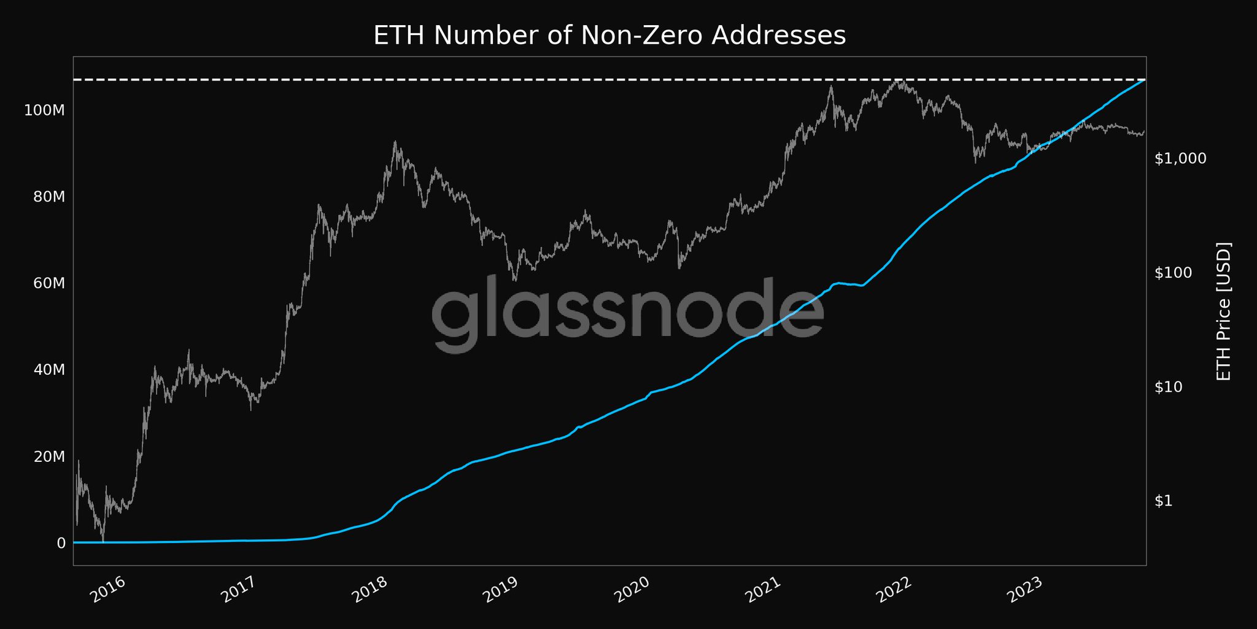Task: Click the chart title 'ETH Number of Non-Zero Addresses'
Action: pos(609,36)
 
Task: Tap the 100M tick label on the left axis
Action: pos(44,111)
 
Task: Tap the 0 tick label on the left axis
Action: pos(61,543)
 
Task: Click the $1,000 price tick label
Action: pos(1180,159)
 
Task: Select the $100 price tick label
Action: pos(1173,273)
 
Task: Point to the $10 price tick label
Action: pos(1169,388)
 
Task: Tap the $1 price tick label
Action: pos(1164,501)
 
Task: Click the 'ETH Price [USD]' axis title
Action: pos(1224,311)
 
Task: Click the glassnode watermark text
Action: pos(628,313)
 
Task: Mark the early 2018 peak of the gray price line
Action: pos(395,142)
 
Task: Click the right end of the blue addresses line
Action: pos(1144,80)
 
